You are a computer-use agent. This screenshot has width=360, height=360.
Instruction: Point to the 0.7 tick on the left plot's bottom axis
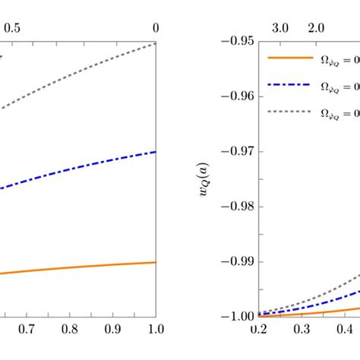(27, 331)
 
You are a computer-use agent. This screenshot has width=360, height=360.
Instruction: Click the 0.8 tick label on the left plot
(70, 331)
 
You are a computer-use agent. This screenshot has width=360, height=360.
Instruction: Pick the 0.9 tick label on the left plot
(113, 331)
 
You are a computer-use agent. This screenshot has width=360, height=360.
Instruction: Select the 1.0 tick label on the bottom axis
(156, 331)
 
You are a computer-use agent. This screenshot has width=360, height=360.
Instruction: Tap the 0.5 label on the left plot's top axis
(13, 27)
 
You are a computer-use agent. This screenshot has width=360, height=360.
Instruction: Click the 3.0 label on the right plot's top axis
(280, 27)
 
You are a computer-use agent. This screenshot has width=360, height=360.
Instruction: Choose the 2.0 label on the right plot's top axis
(315, 27)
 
